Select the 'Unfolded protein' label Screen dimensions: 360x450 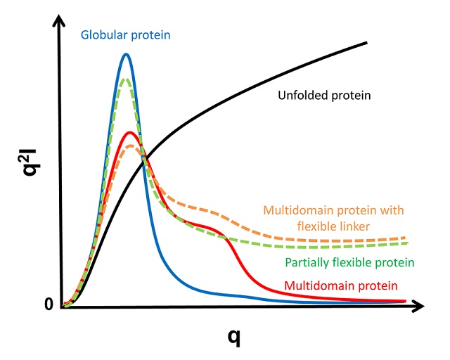tap(324, 95)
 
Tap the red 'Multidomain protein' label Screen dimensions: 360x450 tap(341, 286)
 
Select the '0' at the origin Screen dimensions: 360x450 tap(49, 304)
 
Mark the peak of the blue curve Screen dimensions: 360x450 tap(127, 54)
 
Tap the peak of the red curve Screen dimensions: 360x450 tap(129, 132)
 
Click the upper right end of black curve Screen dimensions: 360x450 tap(367, 43)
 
